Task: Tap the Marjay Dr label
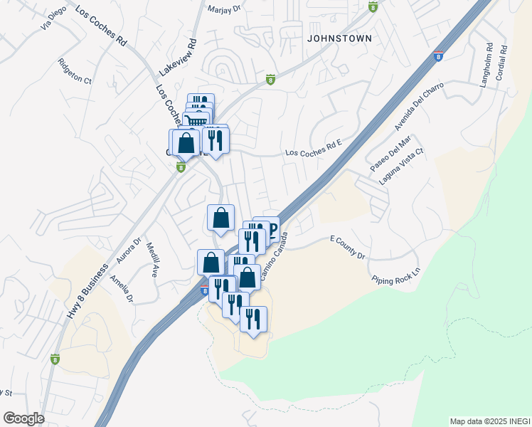pos(225,9)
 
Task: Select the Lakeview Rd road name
pos(177,58)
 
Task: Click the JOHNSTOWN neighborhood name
pos(339,38)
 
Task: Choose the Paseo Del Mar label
pos(385,157)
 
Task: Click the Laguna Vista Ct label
pos(401,167)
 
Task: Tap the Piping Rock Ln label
pos(396,276)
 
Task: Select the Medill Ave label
pos(151,259)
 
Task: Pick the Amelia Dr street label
pos(122,289)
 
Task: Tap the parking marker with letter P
pos(271,229)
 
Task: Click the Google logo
pos(23,418)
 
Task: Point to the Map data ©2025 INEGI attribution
pos(489,421)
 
